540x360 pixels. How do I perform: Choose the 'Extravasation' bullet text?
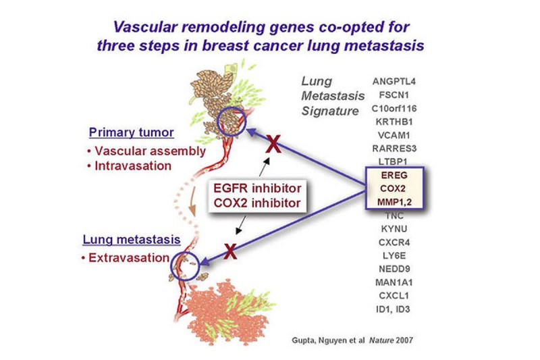click(132, 257)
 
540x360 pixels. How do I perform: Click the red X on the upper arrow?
click(273, 144)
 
